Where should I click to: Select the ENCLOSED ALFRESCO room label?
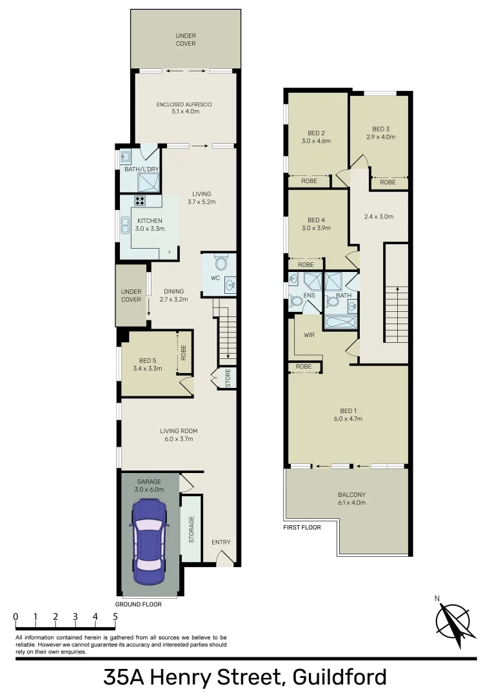[x=184, y=104]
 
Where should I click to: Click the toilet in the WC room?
[x=220, y=263]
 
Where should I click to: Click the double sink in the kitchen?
[x=124, y=225]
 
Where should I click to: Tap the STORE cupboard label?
[x=228, y=378]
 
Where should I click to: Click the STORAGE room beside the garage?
[x=192, y=528]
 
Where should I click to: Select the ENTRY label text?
[x=221, y=542]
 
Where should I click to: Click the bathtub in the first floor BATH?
[x=340, y=322]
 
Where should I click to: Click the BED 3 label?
[x=380, y=129]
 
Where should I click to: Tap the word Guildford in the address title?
[x=339, y=677]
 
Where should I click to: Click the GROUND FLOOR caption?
[x=138, y=604]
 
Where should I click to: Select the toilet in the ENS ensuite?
[x=295, y=300]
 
